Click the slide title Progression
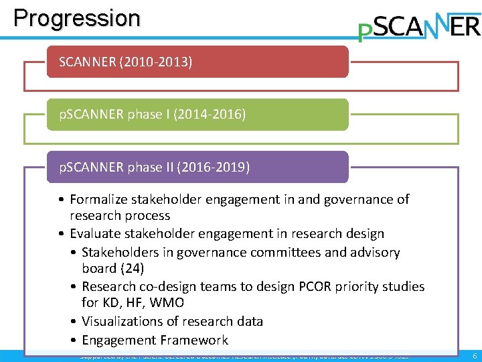pos(77,17)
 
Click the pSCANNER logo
pos(419,27)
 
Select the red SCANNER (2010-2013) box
pos(197,62)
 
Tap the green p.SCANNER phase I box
pos(197,115)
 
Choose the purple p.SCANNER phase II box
pos(197,167)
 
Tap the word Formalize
pos(99,199)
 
